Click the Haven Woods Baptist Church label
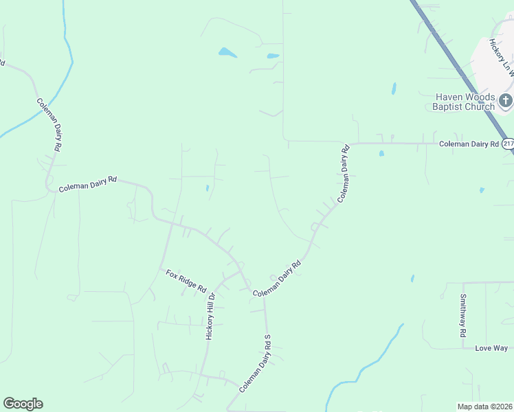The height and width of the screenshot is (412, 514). pos(463,102)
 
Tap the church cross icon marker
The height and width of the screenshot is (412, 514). pos(505,102)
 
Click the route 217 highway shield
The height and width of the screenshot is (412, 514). pos(508,144)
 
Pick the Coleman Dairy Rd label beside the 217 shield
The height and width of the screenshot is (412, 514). pos(469,144)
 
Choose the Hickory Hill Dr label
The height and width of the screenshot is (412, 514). pos(211,316)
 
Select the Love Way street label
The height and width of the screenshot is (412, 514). pos(491,348)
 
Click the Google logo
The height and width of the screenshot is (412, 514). pos(23,404)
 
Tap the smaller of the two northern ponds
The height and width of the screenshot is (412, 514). pos(273,56)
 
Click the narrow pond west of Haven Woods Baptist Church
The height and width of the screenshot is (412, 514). pos(394,89)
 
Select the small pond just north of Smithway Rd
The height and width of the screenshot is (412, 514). pos(412,279)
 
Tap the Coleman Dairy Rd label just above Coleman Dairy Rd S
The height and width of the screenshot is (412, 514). pos(278,279)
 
